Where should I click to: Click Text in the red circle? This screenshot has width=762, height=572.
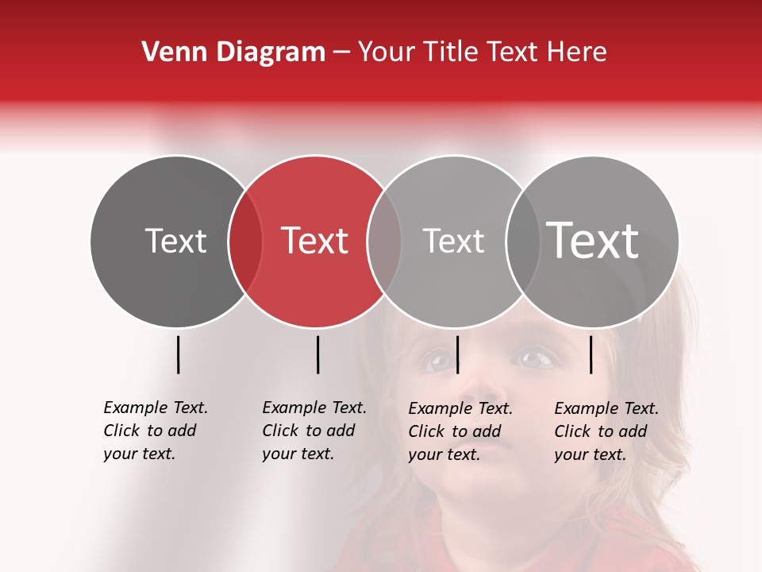coord(315,241)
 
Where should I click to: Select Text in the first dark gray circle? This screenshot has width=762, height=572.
coord(175,241)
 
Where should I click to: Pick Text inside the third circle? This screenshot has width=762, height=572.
coord(453,241)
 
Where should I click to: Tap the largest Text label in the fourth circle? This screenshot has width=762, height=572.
coord(593,240)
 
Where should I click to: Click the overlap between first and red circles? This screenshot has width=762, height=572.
coord(245,242)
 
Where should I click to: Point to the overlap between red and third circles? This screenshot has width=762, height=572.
coord(384,242)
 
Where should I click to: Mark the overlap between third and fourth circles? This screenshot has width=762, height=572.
coord(522,242)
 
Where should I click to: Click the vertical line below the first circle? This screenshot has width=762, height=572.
coord(178,354)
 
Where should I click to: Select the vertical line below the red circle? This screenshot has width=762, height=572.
coord(317,354)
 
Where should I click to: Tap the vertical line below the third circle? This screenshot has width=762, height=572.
coord(457,354)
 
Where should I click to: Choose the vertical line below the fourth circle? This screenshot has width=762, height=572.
coord(591,354)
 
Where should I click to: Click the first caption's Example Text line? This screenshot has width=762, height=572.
coord(156,408)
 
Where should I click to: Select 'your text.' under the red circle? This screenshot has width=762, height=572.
coord(298,454)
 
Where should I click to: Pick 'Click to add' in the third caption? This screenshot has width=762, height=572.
coord(455,431)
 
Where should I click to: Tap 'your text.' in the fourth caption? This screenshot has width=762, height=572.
coord(590,454)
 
